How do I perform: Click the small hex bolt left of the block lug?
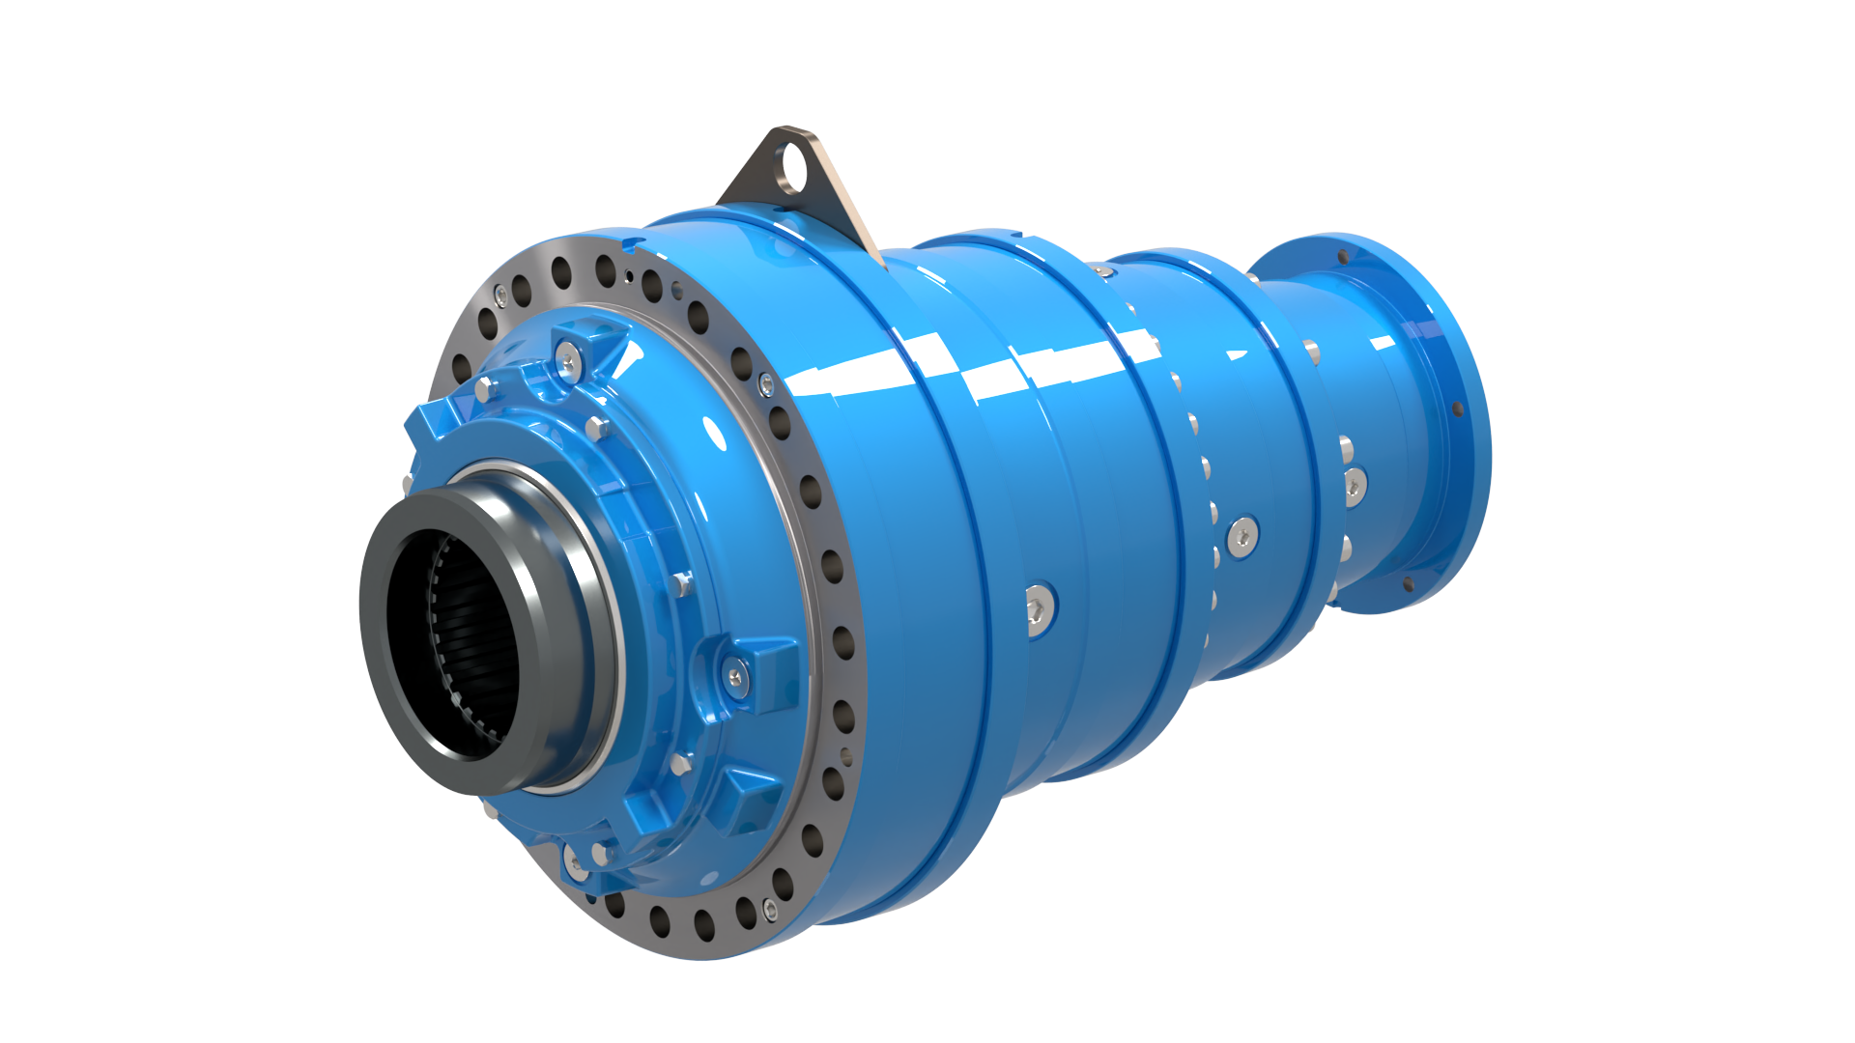coord(680,583)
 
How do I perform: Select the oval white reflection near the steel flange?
coord(714,432)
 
